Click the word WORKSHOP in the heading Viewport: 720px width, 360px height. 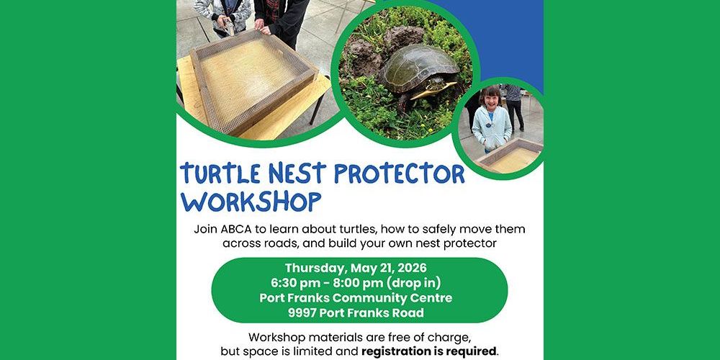click(251, 201)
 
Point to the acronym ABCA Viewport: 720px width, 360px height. click(236, 230)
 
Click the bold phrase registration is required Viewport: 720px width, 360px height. click(428, 352)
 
